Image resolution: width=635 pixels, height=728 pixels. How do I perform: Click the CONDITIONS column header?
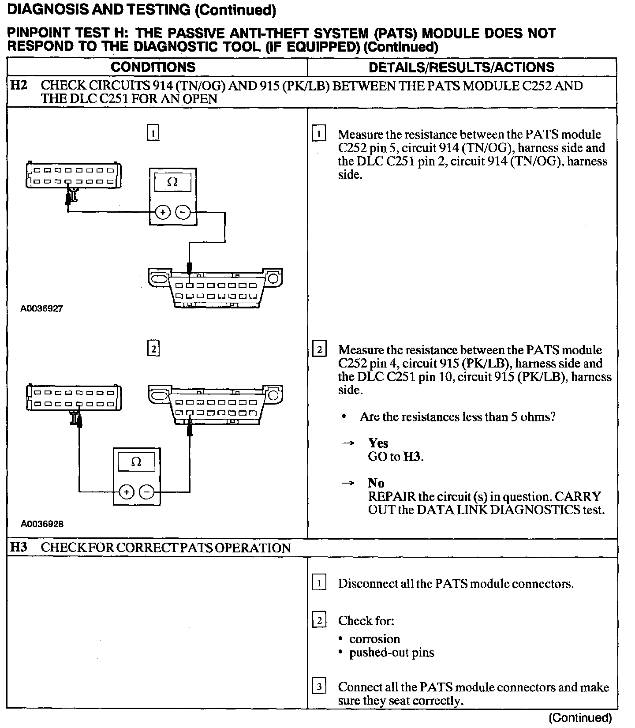[x=153, y=67]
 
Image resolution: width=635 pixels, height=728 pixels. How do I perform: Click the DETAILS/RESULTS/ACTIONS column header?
[x=461, y=67]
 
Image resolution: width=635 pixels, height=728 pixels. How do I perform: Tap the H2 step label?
[x=19, y=86]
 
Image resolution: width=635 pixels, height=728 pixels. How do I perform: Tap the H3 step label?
[x=19, y=548]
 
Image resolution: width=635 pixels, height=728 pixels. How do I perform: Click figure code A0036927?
[x=41, y=308]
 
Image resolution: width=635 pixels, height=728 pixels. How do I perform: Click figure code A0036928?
[x=41, y=524]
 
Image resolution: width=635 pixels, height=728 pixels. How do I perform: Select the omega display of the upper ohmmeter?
[x=172, y=182]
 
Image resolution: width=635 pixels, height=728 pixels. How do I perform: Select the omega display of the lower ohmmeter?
[x=136, y=462]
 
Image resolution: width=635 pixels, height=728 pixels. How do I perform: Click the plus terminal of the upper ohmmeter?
[x=163, y=213]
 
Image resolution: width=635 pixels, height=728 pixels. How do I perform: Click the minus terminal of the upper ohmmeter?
[x=183, y=213]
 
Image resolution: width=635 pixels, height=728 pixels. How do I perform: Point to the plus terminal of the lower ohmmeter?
[x=127, y=492]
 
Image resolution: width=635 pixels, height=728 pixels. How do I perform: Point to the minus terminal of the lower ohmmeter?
[x=147, y=492]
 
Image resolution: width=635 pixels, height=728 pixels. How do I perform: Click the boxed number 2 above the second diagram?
[x=153, y=349]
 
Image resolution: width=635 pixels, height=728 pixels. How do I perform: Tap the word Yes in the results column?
[x=378, y=443]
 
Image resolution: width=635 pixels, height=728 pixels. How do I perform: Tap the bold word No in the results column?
[x=376, y=483]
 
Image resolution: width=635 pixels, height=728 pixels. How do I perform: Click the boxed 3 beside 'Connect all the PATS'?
[x=319, y=687]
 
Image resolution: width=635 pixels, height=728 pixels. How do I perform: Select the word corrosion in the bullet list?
[x=374, y=639]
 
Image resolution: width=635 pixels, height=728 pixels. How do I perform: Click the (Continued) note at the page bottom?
[x=580, y=718]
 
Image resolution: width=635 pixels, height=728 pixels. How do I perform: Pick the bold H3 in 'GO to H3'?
[x=412, y=457]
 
